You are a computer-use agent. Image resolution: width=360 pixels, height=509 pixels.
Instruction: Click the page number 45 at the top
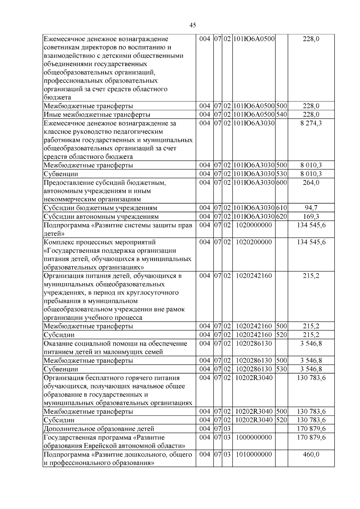pyautogui.click(x=193, y=25)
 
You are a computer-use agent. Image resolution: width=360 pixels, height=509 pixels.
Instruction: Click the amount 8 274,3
pyautogui.click(x=311, y=123)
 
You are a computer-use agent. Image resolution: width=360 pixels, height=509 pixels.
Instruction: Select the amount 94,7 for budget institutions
pyautogui.click(x=311, y=208)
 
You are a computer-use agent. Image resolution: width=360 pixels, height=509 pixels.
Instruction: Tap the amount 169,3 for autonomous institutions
pyautogui.click(x=311, y=217)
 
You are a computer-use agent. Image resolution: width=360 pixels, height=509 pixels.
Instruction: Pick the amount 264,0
pyautogui.click(x=311, y=183)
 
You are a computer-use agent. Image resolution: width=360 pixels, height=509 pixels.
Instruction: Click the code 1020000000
pyautogui.click(x=254, y=225)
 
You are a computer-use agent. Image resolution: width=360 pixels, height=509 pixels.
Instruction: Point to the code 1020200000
pyautogui.click(x=254, y=242)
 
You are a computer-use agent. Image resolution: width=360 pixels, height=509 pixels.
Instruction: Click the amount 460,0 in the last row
pyautogui.click(x=311, y=454)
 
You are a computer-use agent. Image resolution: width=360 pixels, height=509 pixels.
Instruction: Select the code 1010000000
pyautogui.click(x=254, y=454)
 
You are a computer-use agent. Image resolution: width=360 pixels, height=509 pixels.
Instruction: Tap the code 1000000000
pyautogui.click(x=254, y=437)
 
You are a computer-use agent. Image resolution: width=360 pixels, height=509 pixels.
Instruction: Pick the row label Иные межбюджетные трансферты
pyautogui.click(x=97, y=115)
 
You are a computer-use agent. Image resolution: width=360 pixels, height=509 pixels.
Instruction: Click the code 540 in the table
pyautogui.click(x=281, y=115)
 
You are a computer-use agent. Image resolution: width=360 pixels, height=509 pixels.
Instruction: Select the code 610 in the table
pyautogui.click(x=281, y=208)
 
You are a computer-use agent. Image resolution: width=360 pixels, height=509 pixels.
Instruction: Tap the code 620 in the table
pyautogui.click(x=281, y=217)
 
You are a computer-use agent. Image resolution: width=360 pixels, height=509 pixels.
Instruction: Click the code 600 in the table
pyautogui.click(x=281, y=183)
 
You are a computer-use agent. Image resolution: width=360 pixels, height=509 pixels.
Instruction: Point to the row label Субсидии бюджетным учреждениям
pyautogui.click(x=100, y=208)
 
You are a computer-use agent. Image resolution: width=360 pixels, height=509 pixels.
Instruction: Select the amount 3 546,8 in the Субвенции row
pyautogui.click(x=311, y=369)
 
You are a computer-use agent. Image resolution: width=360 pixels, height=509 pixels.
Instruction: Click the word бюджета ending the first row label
pyautogui.click(x=57, y=97)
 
